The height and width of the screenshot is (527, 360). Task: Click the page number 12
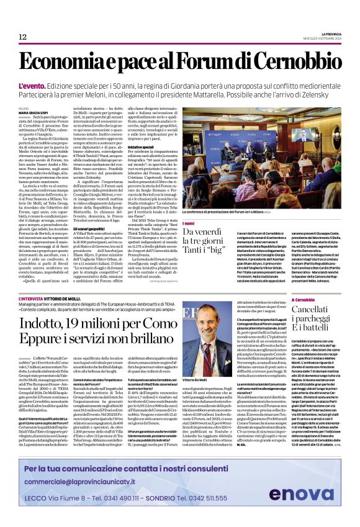coord(22,37)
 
